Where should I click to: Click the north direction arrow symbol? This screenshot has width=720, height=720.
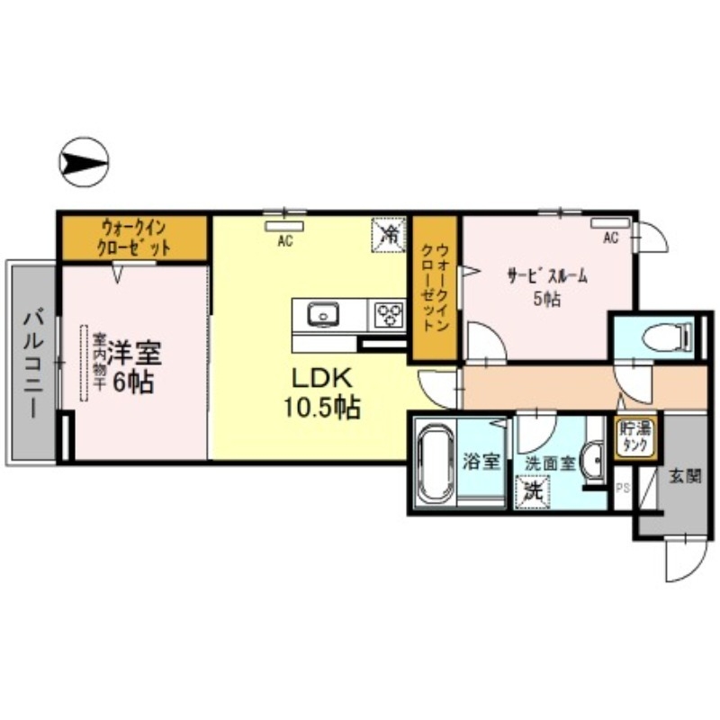[84, 163]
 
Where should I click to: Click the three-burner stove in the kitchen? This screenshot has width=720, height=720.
[390, 315]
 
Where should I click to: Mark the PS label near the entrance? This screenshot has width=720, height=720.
[621, 489]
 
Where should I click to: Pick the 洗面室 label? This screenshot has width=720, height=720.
[549, 463]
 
